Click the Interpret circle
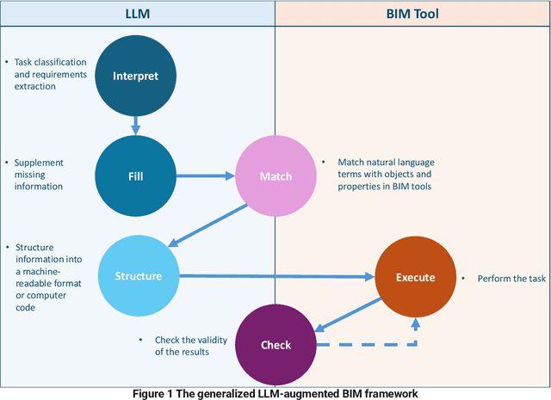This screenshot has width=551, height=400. tap(136, 76)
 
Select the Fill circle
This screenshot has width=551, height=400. tap(135, 176)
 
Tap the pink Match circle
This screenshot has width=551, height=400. tap(275, 176)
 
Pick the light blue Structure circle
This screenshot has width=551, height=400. tap(139, 276)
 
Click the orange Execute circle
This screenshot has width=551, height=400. tap(415, 277)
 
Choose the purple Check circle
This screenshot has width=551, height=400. tap(275, 345)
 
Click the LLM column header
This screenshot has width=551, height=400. tap(138, 14)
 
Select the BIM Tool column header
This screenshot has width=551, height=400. tap(412, 14)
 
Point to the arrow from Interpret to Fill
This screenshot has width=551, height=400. tap(135, 125)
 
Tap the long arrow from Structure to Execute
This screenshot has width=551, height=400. tap(275, 277)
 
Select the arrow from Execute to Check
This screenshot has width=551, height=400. tap(349, 313)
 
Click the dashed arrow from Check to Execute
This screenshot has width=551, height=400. tap(370, 345)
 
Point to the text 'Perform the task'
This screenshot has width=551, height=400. tap(500, 279)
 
